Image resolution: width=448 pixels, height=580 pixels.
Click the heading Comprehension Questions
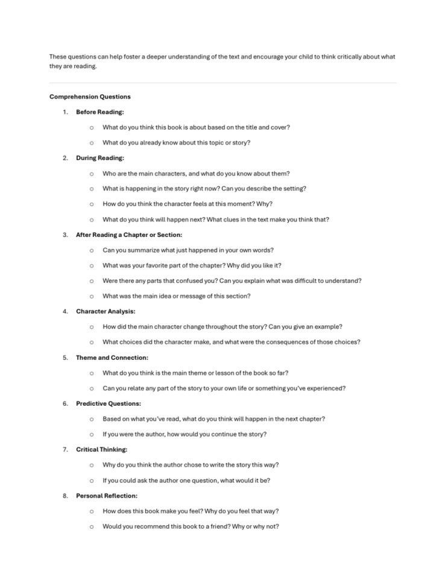90,96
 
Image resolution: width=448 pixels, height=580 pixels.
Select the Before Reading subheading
99,112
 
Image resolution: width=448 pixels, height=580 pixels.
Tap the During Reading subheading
99,158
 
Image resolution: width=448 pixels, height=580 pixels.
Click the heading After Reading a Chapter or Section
128,235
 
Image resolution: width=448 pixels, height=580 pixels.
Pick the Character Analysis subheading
106,311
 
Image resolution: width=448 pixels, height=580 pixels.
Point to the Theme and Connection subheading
112,358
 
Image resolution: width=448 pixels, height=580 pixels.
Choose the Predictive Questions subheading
108,403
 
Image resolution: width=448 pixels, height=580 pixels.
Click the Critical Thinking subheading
101,449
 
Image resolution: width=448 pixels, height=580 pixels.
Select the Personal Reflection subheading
106,496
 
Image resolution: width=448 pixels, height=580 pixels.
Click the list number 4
65,311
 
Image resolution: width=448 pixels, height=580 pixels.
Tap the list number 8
65,496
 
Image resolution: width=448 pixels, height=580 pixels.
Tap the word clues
233,219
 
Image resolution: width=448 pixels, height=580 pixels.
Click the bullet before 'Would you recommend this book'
91,526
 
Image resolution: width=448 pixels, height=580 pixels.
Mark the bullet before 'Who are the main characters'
91,174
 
